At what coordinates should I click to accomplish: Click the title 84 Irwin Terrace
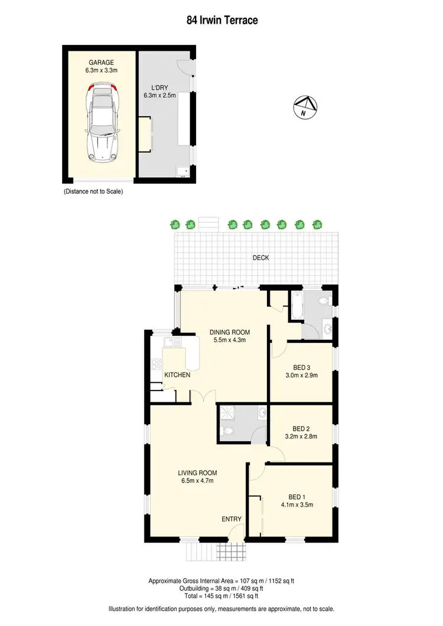click(x=221, y=20)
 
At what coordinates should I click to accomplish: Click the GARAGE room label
click(x=102, y=62)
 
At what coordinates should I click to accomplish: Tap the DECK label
click(x=260, y=258)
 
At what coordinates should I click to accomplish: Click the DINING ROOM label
click(x=227, y=332)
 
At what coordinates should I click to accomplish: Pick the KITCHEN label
click(x=177, y=375)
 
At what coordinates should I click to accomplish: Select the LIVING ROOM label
click(x=198, y=473)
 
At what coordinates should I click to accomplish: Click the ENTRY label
click(x=232, y=519)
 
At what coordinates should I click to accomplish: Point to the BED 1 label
click(x=298, y=496)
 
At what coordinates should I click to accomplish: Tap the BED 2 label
click(x=301, y=429)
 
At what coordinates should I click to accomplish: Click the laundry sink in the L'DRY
click(x=182, y=172)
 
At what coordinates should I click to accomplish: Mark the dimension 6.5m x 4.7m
click(x=198, y=481)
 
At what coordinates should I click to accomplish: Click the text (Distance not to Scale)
click(x=93, y=192)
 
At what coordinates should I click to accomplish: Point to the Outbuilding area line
click(x=221, y=589)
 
